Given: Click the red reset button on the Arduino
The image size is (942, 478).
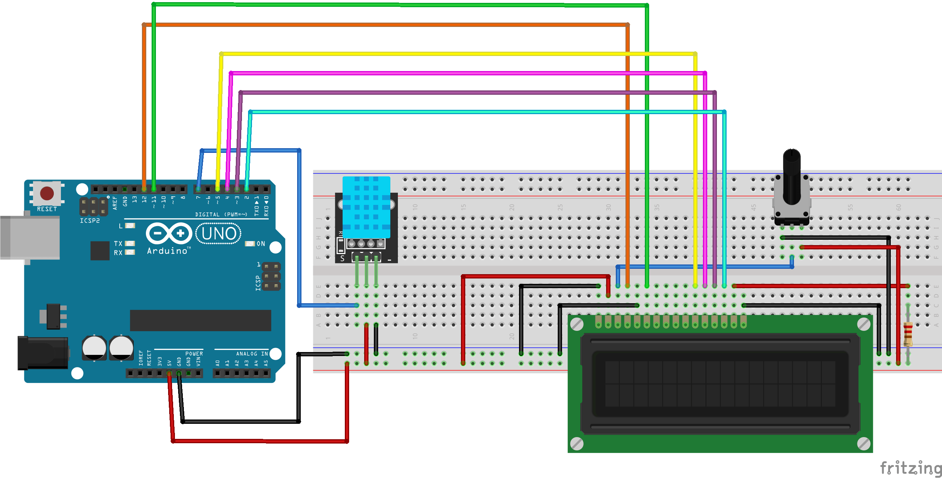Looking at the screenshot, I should [47, 193].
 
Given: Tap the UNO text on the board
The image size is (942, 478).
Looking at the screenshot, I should [219, 234].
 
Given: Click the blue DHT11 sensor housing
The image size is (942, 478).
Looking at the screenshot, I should [366, 207].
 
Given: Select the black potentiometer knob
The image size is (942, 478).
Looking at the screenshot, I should [791, 176].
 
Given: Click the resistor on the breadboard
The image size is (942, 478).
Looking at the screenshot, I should [908, 333].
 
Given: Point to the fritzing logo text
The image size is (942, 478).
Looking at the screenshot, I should [910, 468].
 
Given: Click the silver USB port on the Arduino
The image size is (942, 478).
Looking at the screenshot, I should [29, 238].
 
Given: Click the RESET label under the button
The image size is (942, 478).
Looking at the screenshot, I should [47, 209].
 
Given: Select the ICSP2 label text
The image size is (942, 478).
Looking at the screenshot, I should [90, 221].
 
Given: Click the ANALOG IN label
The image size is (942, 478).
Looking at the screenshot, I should [252, 353].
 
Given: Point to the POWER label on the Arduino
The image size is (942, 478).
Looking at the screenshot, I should [194, 353].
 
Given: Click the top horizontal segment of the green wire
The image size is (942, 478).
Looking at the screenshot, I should [399, 5].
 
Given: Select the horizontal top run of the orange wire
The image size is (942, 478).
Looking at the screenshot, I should [384, 24].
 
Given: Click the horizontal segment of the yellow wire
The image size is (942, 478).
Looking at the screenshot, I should [457, 54].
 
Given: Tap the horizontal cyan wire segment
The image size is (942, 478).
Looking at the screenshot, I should [486, 112].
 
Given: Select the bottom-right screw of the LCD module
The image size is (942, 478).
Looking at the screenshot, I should [864, 444].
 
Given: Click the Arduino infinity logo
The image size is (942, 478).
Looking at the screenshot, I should [169, 233].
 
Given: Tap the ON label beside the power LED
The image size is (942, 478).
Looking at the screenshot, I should [260, 244].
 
